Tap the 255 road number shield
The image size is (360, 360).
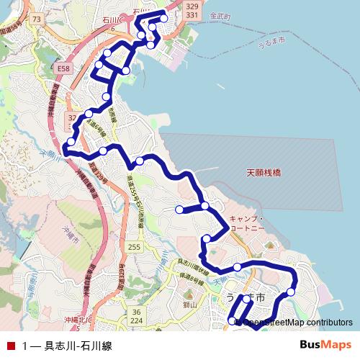pyautogui.click(x=134, y=247)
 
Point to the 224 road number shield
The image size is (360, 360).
pyautogui.click(x=137, y=320)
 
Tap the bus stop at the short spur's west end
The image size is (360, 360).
pyautogui.click(x=179, y=210)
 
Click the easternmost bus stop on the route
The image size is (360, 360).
pyautogui.click(x=291, y=292)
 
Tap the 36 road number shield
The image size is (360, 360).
pyautogui.click(x=136, y=311)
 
